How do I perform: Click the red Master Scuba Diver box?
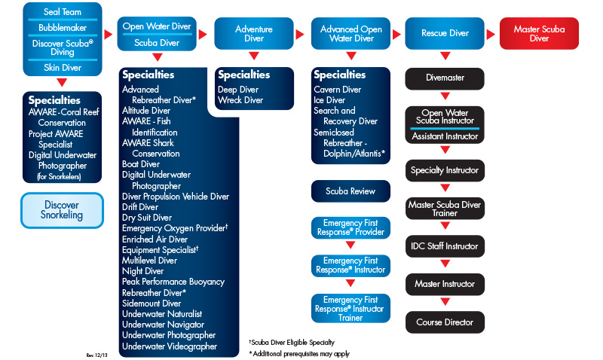tap(540, 34)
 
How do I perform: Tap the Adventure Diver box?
tap(254, 34)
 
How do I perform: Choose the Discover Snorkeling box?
tap(61, 210)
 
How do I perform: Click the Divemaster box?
tap(445, 78)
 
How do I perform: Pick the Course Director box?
tap(445, 322)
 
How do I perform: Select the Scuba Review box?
tap(350, 191)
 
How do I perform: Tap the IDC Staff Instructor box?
tap(445, 246)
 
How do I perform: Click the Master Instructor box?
tap(445, 284)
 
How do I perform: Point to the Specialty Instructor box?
tap(445, 170)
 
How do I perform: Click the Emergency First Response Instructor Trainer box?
tap(350, 308)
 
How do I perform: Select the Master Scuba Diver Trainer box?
tap(445, 209)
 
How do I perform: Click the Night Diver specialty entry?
tap(142, 271)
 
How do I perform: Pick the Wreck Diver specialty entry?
tap(240, 100)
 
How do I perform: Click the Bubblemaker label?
tap(62, 28)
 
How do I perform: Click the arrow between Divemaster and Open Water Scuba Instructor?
tap(445, 96)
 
